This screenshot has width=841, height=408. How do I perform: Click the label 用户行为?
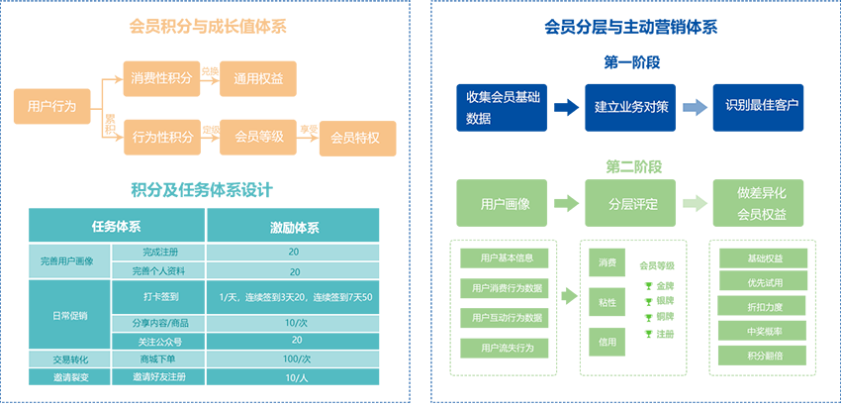(52, 106)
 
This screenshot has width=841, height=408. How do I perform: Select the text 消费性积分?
(161, 77)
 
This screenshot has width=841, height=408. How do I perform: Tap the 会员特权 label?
(354, 138)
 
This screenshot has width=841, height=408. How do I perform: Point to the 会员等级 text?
(259, 137)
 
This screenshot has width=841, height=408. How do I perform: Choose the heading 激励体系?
(294, 228)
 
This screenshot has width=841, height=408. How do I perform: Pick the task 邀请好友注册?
(159, 377)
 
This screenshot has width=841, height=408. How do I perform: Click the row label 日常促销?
(69, 316)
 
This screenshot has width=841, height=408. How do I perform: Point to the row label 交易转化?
(70, 358)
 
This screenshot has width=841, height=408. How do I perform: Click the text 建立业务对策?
(631, 106)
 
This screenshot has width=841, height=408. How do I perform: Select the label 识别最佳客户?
(762, 104)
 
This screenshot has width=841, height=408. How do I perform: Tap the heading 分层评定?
(633, 205)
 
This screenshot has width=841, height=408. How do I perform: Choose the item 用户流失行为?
(508, 348)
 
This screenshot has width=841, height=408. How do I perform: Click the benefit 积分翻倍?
(765, 355)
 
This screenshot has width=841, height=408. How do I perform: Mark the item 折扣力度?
(765, 307)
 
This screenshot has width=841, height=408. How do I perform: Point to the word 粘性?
(607, 303)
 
